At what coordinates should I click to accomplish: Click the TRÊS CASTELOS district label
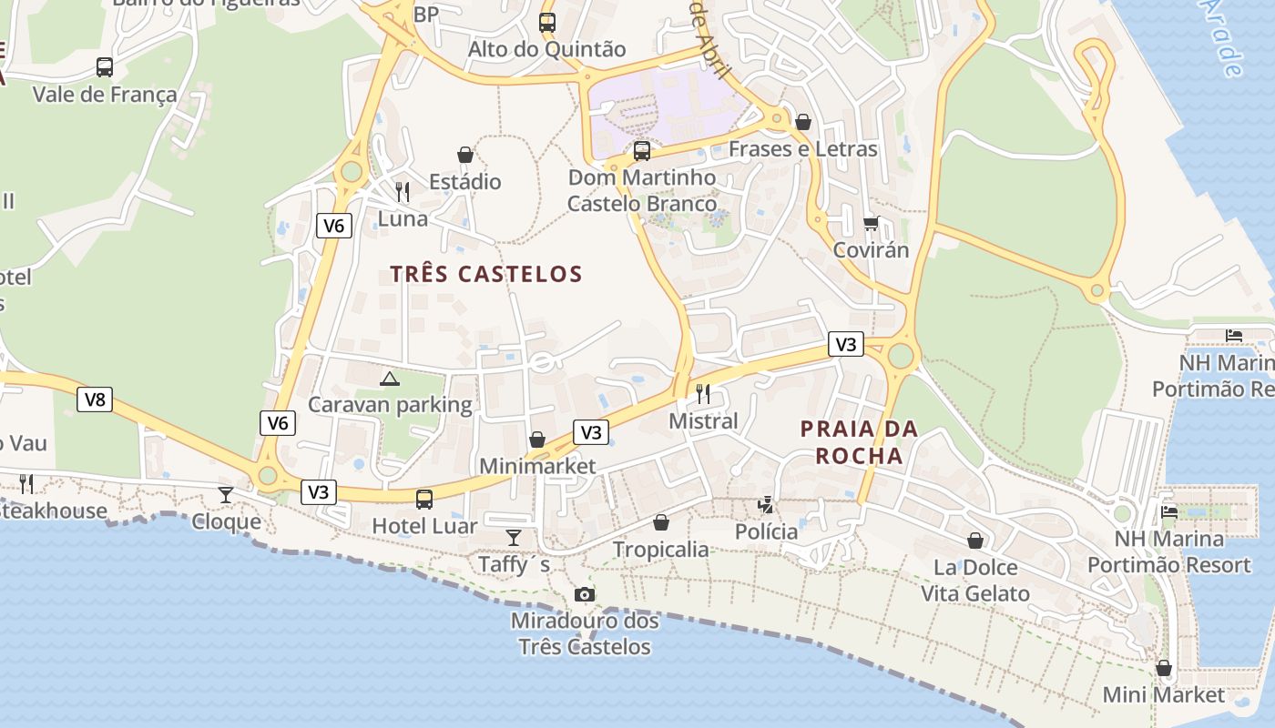485,274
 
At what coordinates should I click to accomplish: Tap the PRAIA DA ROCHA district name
859,441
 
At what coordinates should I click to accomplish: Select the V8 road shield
95,399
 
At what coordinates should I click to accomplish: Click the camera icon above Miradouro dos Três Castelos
585,594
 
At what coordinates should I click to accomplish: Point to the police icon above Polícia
766,504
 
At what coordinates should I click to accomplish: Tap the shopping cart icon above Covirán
871,223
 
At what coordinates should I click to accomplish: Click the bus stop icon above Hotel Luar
424,499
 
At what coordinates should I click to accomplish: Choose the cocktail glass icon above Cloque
226,494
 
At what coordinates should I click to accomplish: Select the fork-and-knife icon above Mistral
703,393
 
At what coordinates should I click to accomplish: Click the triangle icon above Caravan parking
390,378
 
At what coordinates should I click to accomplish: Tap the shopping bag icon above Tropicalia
661,522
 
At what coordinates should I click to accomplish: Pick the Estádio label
464,182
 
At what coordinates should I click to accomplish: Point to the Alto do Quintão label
546,49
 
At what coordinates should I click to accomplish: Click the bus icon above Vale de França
105,66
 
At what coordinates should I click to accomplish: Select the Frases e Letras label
802,149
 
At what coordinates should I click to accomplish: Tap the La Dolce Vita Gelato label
974,581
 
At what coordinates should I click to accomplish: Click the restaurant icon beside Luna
403,191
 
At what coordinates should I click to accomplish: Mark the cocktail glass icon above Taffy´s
514,537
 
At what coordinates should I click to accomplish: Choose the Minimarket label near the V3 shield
537,466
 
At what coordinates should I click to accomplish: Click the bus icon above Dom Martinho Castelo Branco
642,150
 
